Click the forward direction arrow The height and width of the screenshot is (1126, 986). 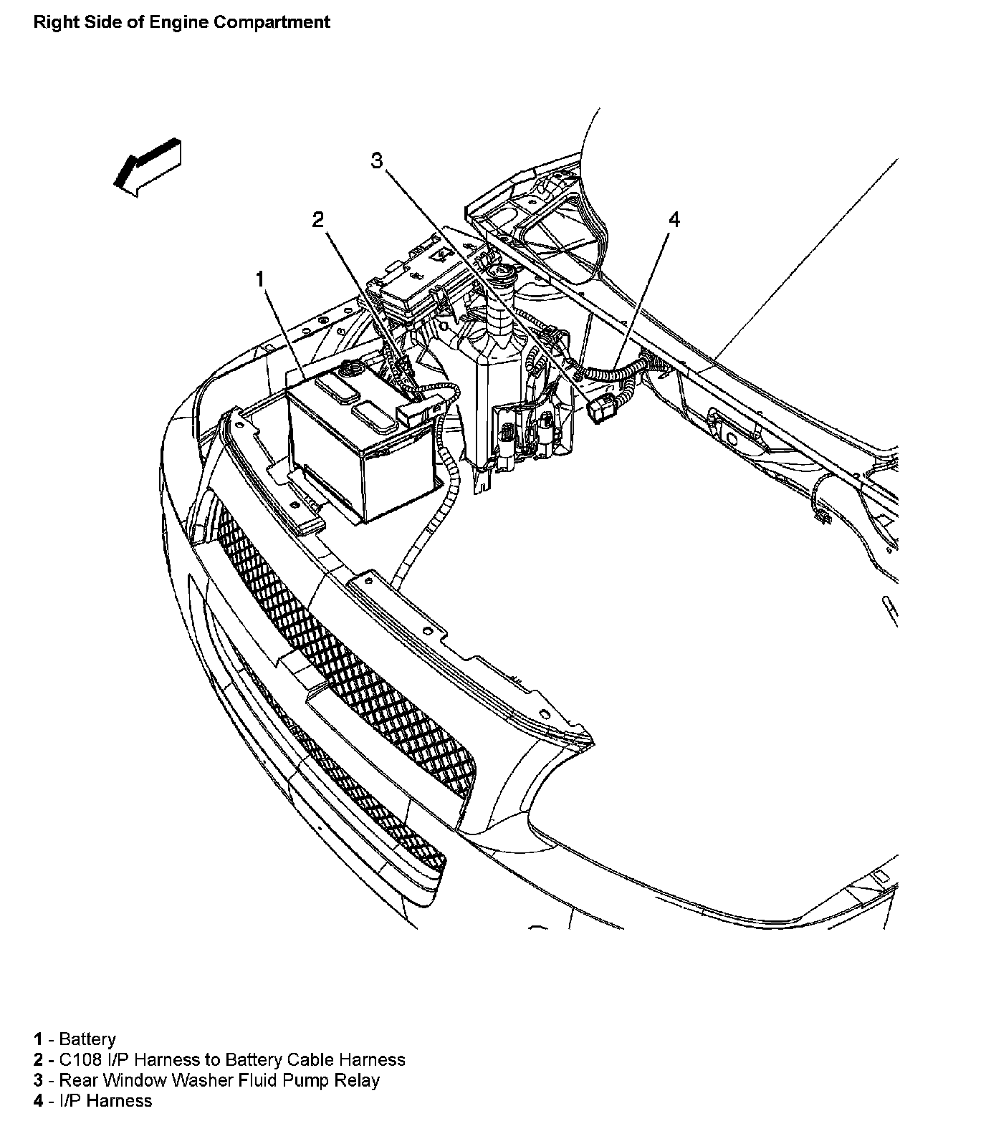click(147, 167)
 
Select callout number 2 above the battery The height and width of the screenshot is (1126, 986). click(318, 219)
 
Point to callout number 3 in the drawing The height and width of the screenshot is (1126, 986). click(378, 161)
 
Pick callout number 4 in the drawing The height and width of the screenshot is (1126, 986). click(673, 219)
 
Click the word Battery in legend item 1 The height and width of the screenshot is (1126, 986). click(87, 1039)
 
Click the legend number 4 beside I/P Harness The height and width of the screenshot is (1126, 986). click(38, 1100)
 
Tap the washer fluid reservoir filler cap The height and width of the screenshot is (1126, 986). click(497, 272)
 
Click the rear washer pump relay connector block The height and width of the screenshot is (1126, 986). click(599, 408)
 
